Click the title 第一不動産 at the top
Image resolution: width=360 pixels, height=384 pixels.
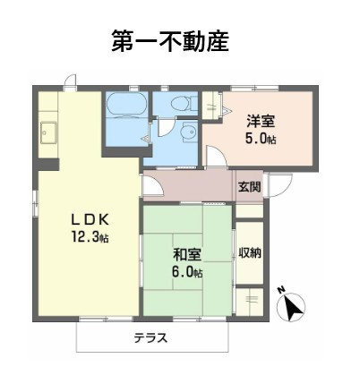[170, 41]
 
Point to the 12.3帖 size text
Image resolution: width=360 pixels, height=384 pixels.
[90, 237]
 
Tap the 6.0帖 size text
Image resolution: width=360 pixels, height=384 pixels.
[187, 271]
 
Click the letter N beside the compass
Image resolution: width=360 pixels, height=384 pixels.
[280, 290]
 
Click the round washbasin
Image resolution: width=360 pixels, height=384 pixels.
[186, 134]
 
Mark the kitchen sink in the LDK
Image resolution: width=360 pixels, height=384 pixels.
[46, 137]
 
